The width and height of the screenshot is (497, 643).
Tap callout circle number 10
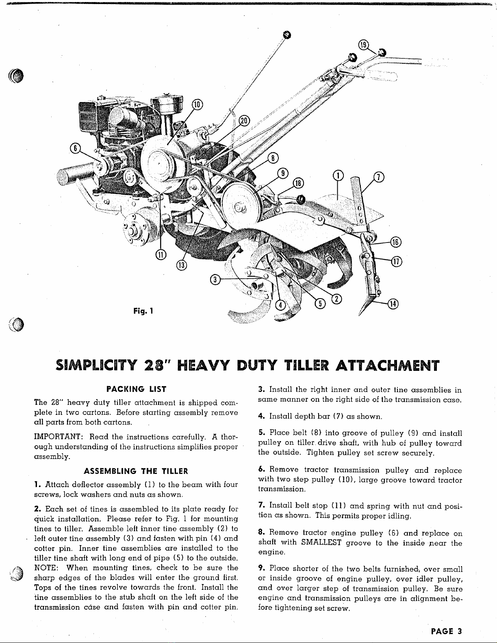(x=196, y=104)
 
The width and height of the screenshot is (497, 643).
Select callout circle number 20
(x=244, y=121)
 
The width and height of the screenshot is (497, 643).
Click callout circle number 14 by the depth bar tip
(x=394, y=303)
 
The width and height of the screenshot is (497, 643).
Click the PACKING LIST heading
(x=136, y=389)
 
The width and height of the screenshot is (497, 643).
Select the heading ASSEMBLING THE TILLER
(x=136, y=471)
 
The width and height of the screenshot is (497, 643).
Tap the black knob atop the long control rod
(x=287, y=35)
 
